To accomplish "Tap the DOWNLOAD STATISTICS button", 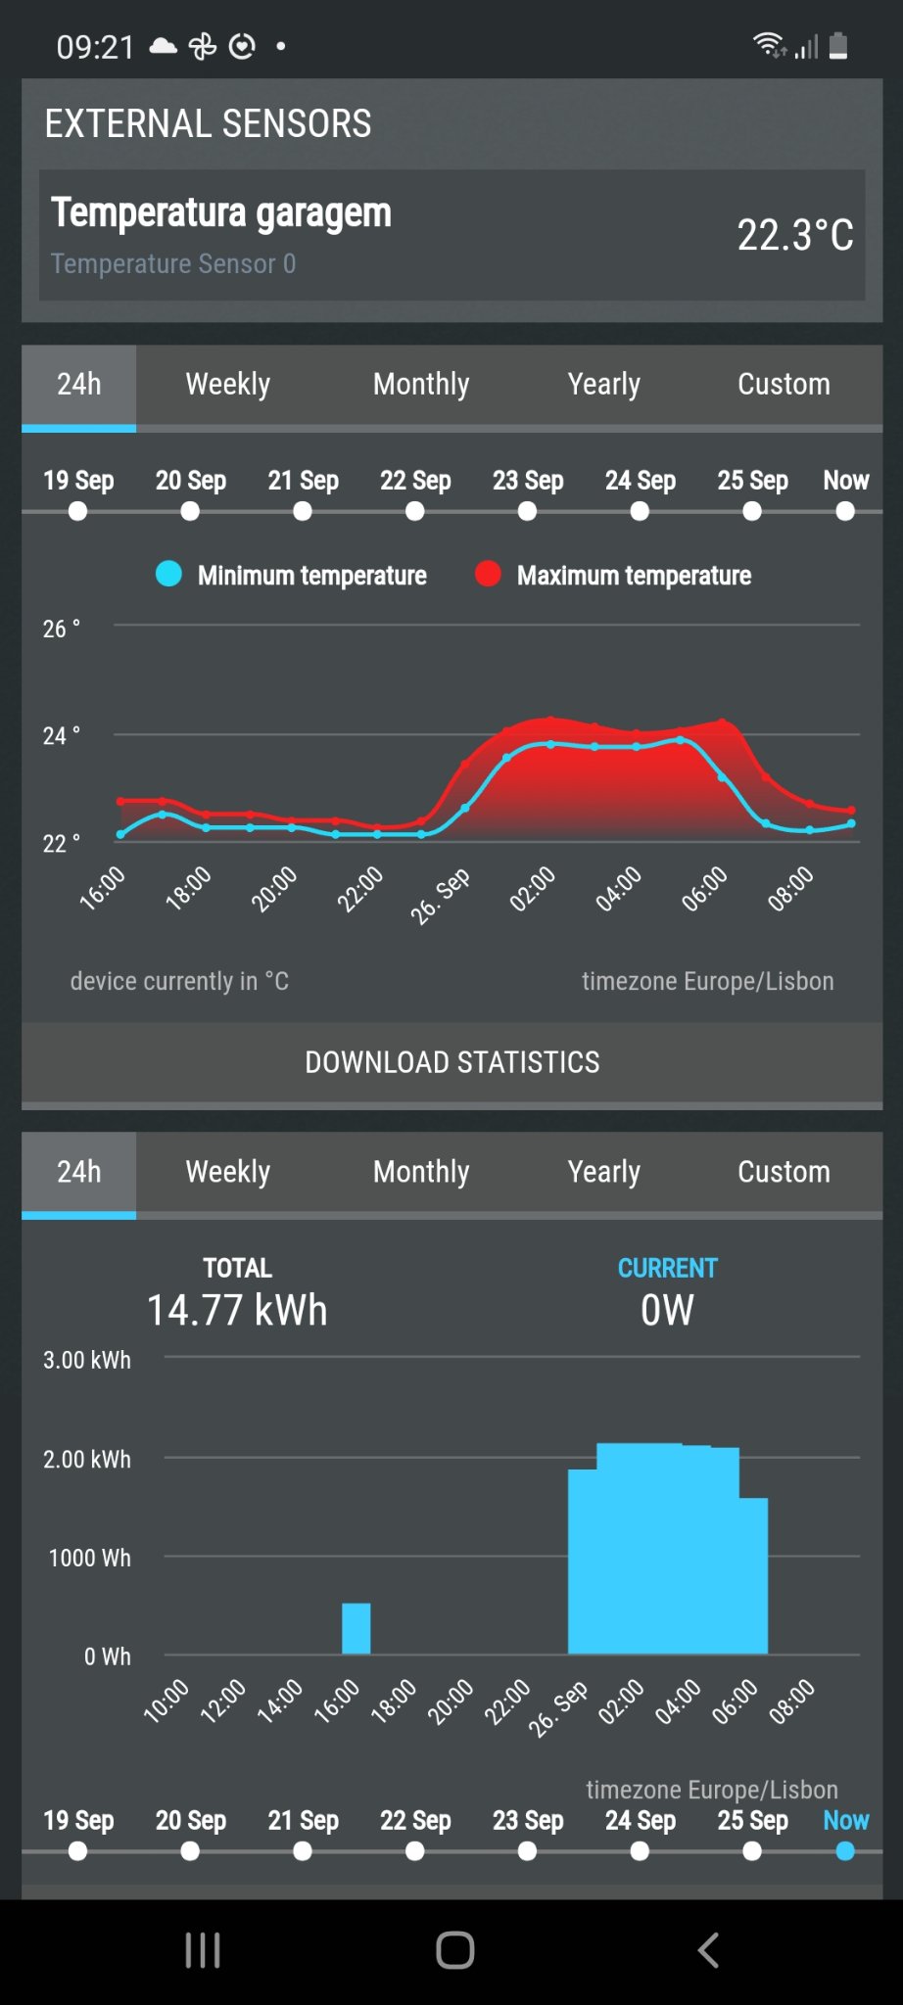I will [x=451, y=1062].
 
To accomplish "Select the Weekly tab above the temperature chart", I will [x=227, y=385].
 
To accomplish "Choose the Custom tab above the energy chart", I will [x=784, y=1172].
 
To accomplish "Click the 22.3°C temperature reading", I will [x=794, y=236].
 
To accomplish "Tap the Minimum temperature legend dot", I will [x=168, y=574].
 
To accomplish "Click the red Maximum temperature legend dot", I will [x=488, y=574].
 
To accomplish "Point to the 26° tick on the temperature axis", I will [x=61, y=629].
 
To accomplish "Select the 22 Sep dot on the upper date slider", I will [x=415, y=511].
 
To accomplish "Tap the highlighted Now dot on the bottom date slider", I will [x=845, y=1851].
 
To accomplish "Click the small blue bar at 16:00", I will [x=356, y=1628].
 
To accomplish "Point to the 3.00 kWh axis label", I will [x=87, y=1360].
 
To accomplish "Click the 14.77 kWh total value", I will [x=237, y=1311].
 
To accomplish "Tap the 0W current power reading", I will [x=667, y=1311].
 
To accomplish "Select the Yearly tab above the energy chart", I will [x=603, y=1172].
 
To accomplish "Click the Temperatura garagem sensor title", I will [x=221, y=212].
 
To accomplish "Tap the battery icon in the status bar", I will [x=838, y=46].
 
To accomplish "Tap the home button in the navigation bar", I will [x=454, y=1950].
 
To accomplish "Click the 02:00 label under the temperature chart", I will [x=533, y=889].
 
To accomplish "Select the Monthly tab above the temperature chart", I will [x=421, y=385].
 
